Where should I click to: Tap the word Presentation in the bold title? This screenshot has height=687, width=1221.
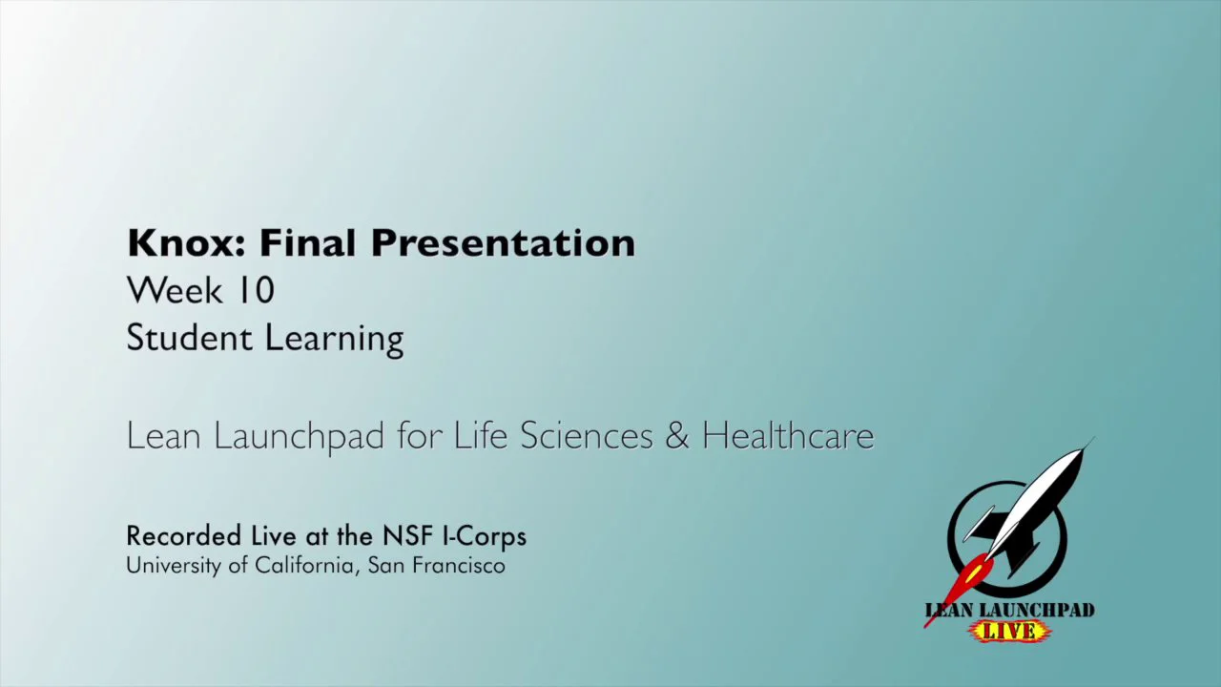[x=503, y=244]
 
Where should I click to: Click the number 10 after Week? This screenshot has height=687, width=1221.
[x=257, y=290]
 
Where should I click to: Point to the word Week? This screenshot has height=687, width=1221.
[x=175, y=290]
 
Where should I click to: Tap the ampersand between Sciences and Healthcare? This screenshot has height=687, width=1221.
[x=676, y=436]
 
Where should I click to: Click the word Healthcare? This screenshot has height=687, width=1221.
[x=788, y=436]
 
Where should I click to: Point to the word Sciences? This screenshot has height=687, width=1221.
[x=587, y=436]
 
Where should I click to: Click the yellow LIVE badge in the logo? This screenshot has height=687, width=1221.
[x=1009, y=631]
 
